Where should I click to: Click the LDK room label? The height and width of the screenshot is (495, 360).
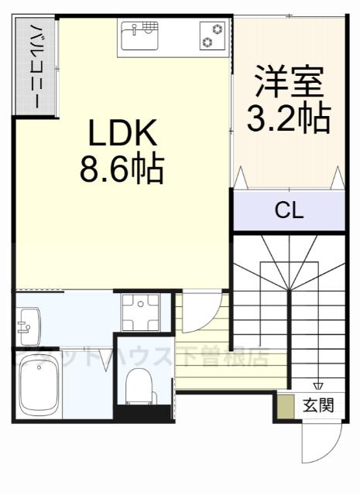click(123, 136)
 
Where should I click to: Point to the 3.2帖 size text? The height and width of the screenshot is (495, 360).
click(289, 118)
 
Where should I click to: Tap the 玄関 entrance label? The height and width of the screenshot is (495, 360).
click(319, 405)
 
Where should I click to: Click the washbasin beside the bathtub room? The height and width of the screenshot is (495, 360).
click(28, 326)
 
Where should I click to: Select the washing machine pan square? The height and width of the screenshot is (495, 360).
click(140, 312)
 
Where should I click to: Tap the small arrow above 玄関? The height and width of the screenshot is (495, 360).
click(317, 387)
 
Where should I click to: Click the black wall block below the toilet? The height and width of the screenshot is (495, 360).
click(144, 412)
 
